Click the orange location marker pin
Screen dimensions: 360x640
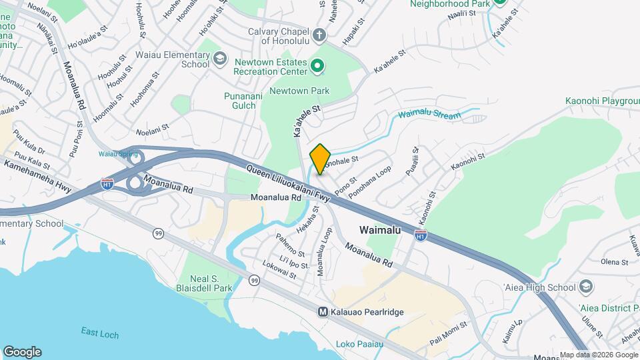[321, 159]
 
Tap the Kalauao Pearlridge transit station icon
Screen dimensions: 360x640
[323, 311]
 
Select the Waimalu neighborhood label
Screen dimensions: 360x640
[380, 229]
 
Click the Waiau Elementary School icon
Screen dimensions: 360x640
[219, 59]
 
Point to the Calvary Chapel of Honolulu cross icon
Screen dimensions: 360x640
[319, 35]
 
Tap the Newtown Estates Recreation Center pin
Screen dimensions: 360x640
[317, 66]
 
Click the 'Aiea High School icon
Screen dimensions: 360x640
[585, 287]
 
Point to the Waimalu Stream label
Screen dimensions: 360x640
[430, 115]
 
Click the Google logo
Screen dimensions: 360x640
[22, 352]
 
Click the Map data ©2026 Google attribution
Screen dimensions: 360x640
[599, 355]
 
